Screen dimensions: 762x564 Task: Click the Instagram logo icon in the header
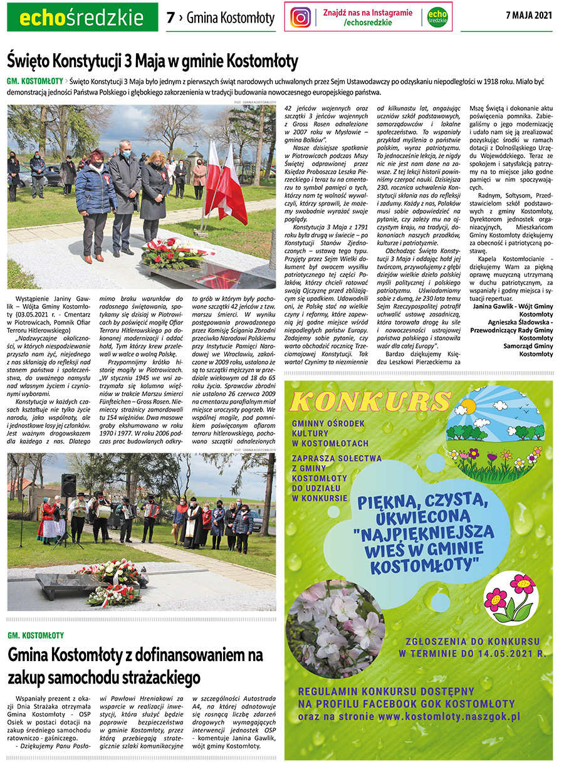(x=301, y=17)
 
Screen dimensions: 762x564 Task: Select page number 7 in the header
(x=170, y=18)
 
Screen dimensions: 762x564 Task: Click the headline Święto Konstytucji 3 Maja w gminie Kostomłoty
(x=152, y=61)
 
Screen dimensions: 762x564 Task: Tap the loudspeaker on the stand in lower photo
(x=68, y=484)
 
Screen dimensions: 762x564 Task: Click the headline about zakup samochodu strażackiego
(x=135, y=666)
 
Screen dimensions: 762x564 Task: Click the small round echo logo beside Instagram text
(x=438, y=17)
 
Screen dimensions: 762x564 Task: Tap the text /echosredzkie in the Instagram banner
(x=368, y=23)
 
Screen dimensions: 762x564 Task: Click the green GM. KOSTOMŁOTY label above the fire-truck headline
(x=36, y=635)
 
